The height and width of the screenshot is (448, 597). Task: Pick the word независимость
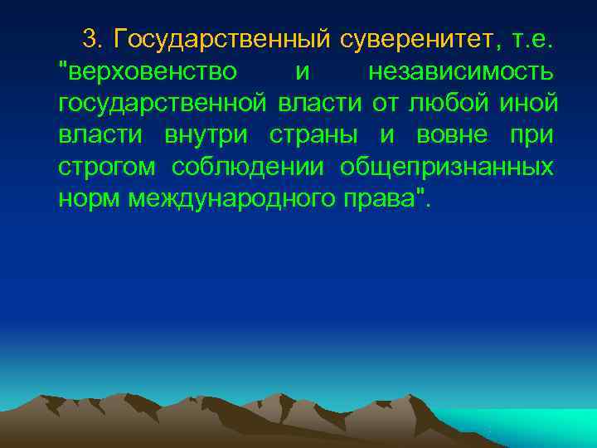461,71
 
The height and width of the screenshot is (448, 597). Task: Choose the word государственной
162,105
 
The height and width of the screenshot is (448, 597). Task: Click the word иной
531,104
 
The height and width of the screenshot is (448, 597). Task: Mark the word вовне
447,136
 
